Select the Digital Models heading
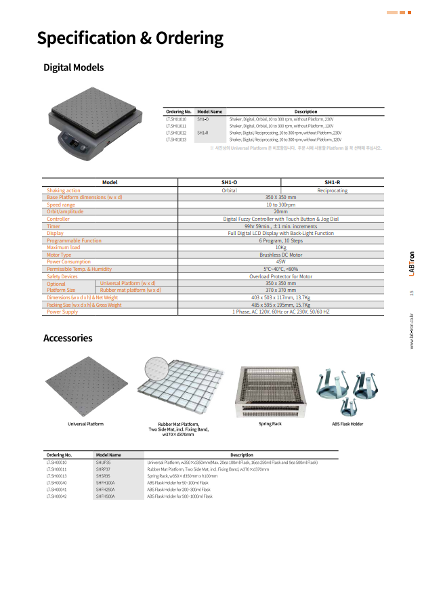pos(73,68)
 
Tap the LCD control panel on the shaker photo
pos(76,145)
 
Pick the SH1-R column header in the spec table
pos(332,183)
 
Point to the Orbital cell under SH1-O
pos(229,191)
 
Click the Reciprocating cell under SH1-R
pos(332,191)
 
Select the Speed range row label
pos(62,205)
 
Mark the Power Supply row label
pos(62,312)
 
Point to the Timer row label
pos(54,226)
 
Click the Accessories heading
pos(68,338)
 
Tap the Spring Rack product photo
pos(270,393)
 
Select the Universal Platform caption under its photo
pos(85,424)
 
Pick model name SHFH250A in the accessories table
pos(105,489)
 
